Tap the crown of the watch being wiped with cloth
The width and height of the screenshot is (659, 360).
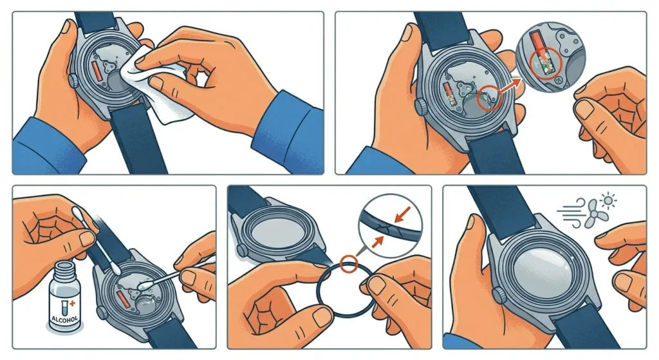tap(73, 81)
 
